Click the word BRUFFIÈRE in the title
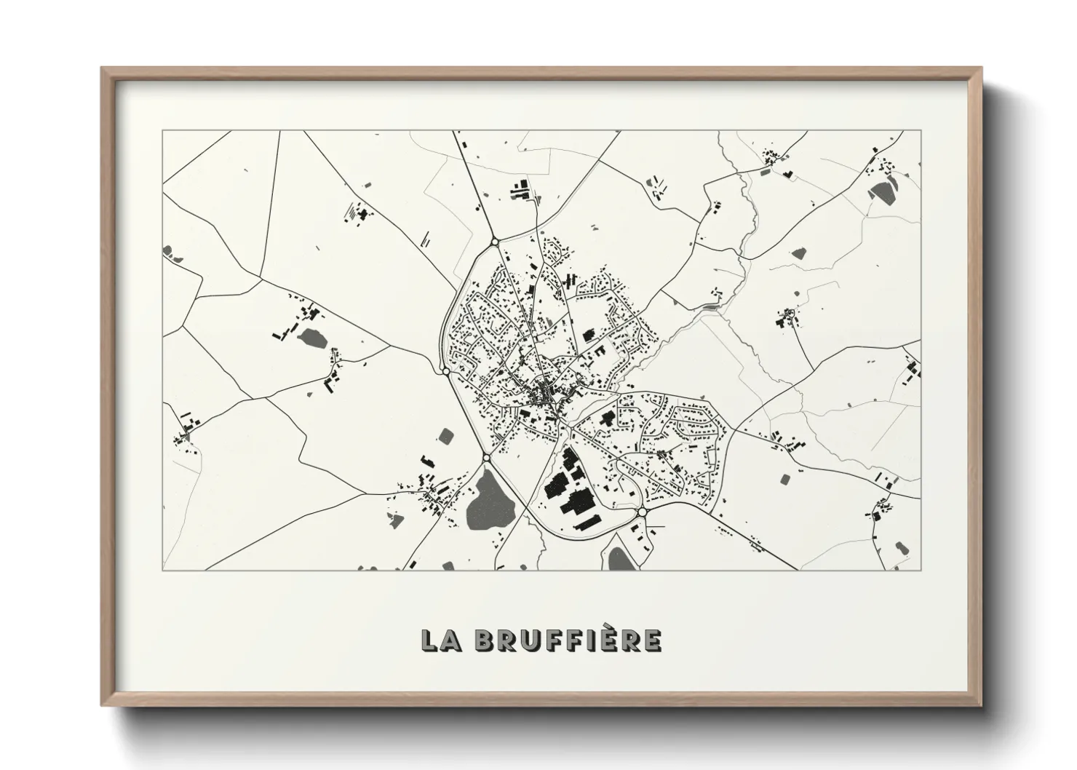568,640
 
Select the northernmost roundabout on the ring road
494,241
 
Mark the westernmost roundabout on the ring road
445,372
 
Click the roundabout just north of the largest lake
486,458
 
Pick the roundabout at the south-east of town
641,513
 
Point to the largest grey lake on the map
488,501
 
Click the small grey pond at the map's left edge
168,251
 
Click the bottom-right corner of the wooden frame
979,706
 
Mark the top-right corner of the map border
921,131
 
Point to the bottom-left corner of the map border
163,570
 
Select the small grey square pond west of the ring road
446,436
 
